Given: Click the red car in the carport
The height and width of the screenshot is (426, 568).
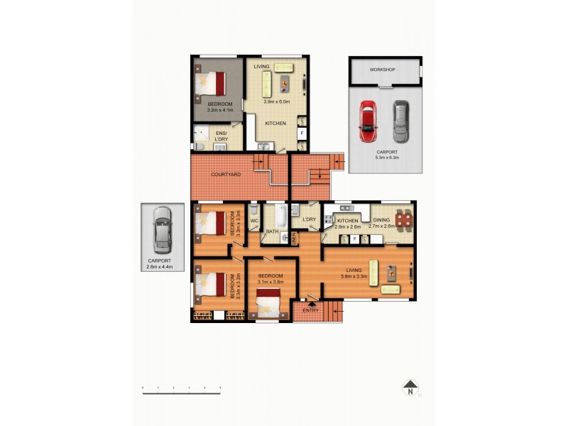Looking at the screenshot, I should pos(368,120).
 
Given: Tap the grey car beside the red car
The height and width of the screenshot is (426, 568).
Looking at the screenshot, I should pos(401,120).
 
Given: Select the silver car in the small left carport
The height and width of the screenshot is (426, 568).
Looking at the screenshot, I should pos(163,229).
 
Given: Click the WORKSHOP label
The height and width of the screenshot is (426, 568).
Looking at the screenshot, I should pos(383,70).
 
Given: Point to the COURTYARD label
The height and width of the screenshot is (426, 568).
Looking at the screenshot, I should pos(226,174).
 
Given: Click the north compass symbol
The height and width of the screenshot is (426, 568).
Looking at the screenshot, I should pos(410,388).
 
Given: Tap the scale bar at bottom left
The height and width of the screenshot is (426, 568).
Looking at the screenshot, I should pos(181,388).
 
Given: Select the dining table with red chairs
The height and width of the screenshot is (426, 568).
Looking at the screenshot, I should pos(403,221).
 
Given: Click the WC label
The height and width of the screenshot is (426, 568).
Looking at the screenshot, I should pos(254,221).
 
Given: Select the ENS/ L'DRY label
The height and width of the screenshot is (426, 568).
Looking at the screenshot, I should pos(221,136).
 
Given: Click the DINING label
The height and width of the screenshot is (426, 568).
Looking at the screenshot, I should pos(381,221).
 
